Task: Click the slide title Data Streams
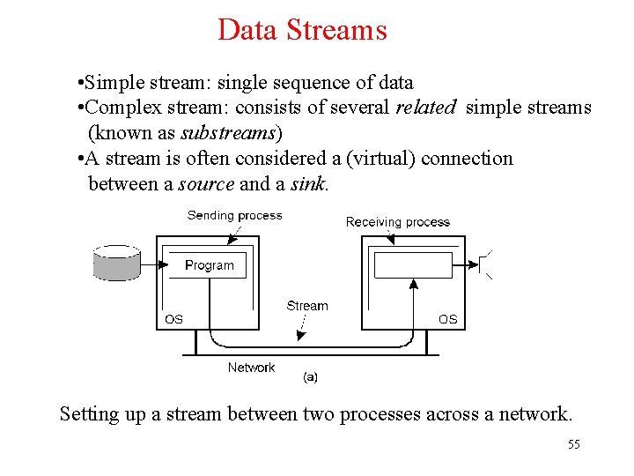tap(302, 30)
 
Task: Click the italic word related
tap(426, 108)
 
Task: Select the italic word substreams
tap(228, 133)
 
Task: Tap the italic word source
tap(206, 184)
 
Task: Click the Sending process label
tap(234, 215)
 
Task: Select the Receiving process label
tap(397, 222)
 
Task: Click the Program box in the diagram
tap(210, 264)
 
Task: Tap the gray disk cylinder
tap(116, 263)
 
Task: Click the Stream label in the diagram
tap(306, 306)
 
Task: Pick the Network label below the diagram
tap(251, 368)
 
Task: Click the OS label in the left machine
tap(174, 319)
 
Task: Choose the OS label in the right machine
tap(448, 319)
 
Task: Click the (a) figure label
tap(310, 376)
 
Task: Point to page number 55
tap(573, 444)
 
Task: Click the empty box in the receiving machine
tap(413, 264)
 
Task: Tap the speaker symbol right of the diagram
tap(482, 264)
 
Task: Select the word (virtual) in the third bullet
tap(380, 159)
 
